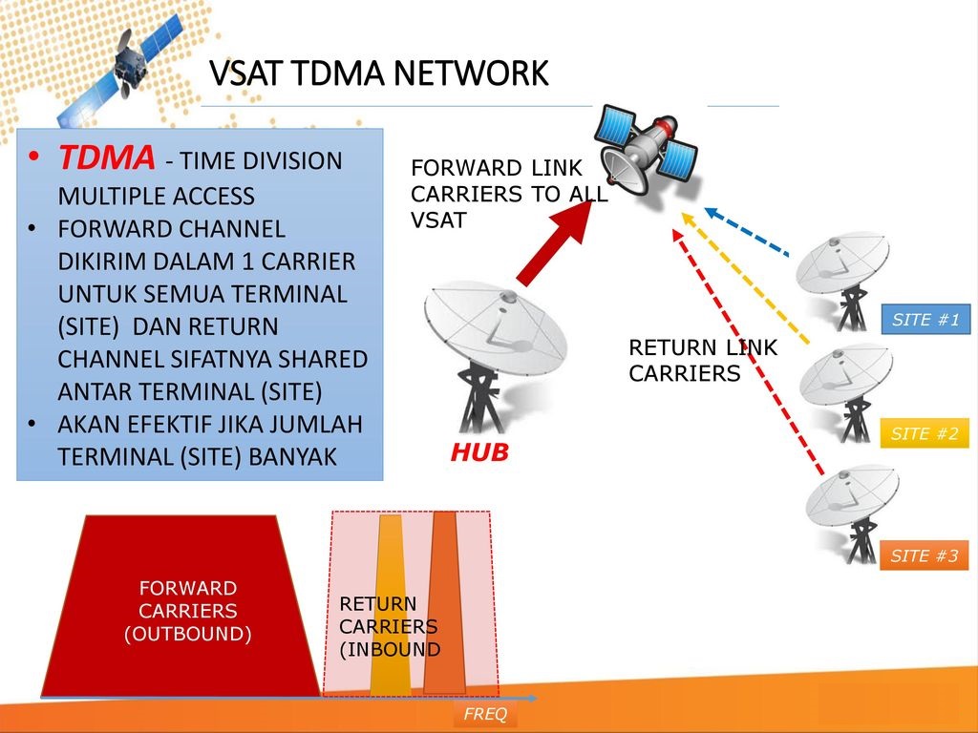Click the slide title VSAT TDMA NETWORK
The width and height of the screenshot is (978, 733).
[378, 73]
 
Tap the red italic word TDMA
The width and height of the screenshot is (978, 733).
[106, 158]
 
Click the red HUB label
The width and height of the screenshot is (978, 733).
[479, 455]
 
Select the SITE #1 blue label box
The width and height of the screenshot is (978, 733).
[925, 320]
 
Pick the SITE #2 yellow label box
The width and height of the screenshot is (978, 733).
[924, 433]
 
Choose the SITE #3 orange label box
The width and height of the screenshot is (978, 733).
[924, 555]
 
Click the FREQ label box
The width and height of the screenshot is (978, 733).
[485, 715]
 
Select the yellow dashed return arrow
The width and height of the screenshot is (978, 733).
[746, 278]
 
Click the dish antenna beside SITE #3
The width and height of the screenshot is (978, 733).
[850, 506]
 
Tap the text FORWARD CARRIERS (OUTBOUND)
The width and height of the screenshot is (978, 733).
[187, 611]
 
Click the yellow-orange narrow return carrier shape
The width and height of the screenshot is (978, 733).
[390, 611]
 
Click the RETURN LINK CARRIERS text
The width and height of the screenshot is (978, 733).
[703, 361]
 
